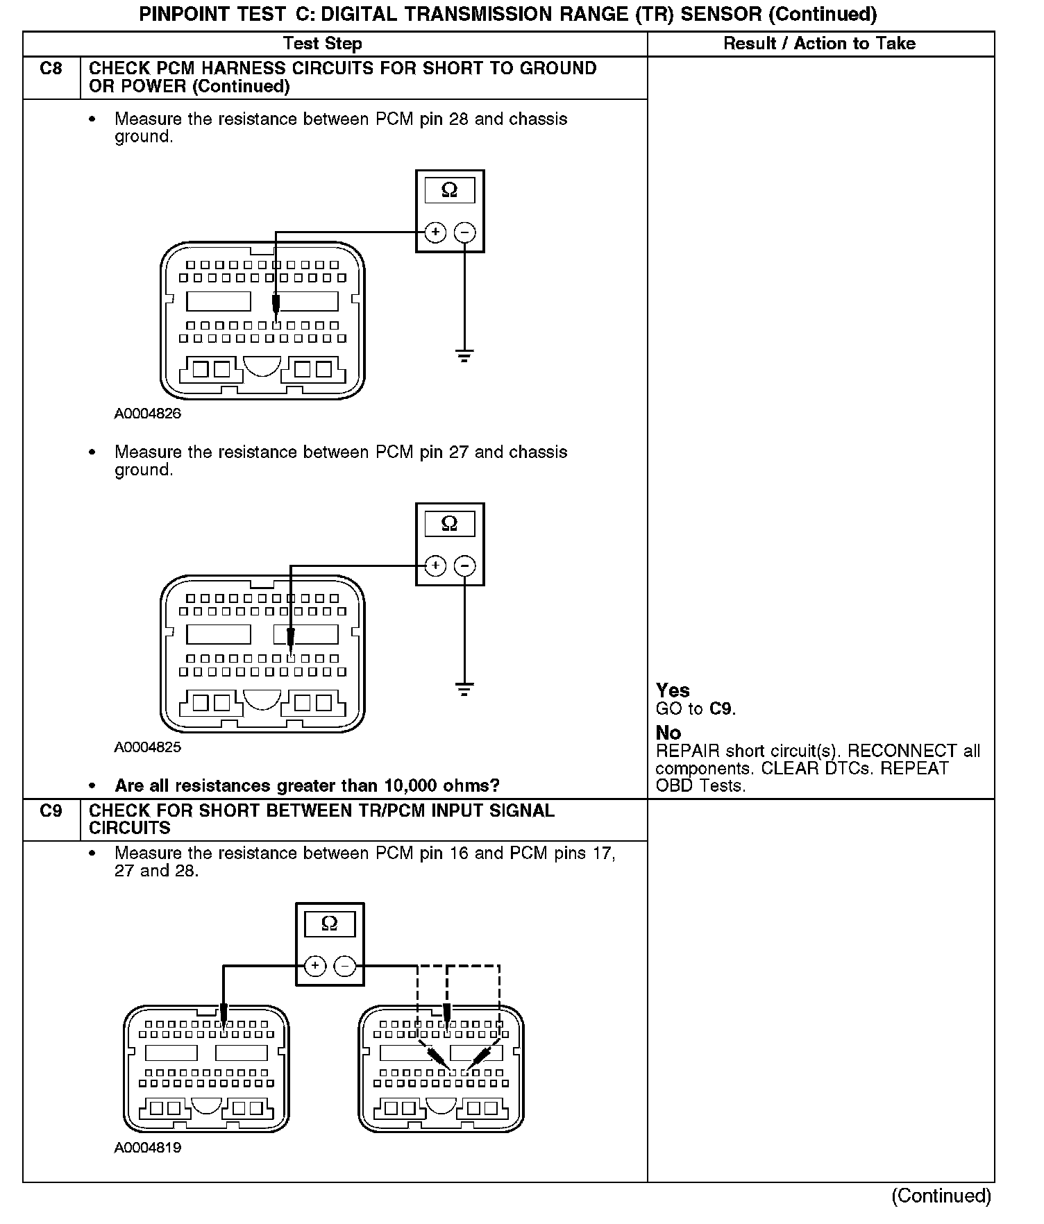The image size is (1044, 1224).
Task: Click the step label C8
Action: (x=51, y=69)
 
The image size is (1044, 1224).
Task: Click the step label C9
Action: (x=51, y=810)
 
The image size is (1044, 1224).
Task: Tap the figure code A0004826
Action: (x=148, y=414)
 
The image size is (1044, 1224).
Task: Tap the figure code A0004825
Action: (x=148, y=747)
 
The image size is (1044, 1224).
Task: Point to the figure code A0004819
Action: (x=148, y=1148)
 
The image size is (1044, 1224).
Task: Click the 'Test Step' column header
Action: (x=323, y=44)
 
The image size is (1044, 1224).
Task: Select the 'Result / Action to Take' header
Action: (x=819, y=44)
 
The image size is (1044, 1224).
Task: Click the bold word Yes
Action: (x=673, y=690)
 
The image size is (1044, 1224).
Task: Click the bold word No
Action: (x=668, y=733)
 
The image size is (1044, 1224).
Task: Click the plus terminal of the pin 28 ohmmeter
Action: (x=435, y=232)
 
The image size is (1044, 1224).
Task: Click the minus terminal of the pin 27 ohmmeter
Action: (x=465, y=566)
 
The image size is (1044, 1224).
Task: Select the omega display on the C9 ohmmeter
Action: (x=330, y=924)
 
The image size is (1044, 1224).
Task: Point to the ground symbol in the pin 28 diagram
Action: (x=464, y=357)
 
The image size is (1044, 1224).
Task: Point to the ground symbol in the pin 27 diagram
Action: (x=464, y=690)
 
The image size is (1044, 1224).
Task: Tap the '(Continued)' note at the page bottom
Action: (x=941, y=1196)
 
